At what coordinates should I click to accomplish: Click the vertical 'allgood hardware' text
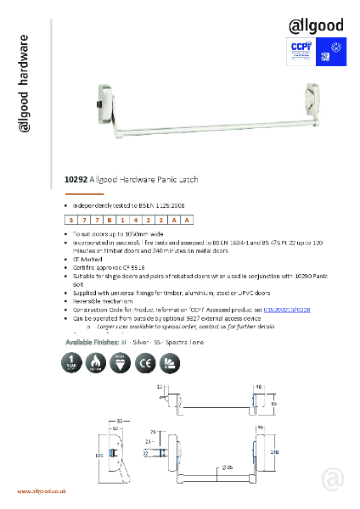click(x=25, y=84)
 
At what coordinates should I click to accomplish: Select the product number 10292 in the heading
click(x=78, y=180)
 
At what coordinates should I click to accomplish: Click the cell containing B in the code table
click(x=110, y=220)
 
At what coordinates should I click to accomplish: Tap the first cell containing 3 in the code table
click(x=70, y=220)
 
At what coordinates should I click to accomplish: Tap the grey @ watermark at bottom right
click(x=332, y=479)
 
